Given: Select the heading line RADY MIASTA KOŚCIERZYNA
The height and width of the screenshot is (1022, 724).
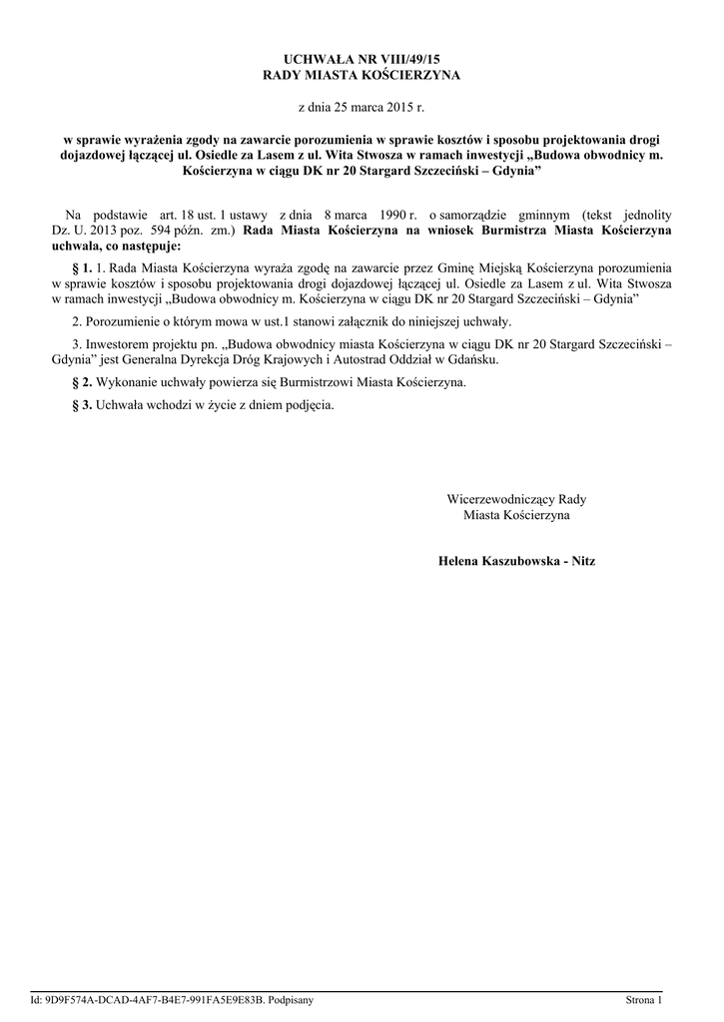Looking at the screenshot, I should click(362, 76).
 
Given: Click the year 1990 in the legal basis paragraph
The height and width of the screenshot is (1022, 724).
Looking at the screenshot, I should click(382, 215).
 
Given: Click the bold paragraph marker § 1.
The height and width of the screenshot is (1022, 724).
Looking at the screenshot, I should click(83, 268).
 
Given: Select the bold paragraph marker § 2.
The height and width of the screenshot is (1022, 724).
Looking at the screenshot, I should click(83, 382).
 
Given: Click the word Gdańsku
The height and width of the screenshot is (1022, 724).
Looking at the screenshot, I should click(472, 359).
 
